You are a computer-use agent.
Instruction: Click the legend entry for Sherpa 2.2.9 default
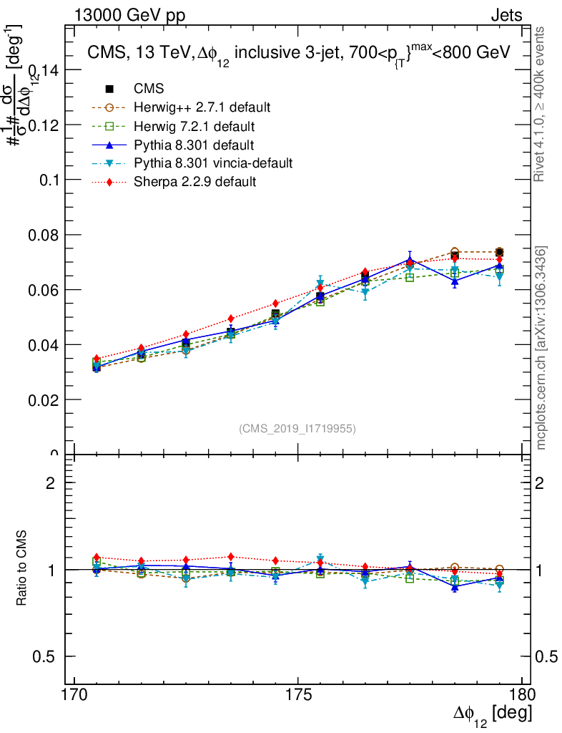point(194,182)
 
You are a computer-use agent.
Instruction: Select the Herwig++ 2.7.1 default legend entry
point(202,107)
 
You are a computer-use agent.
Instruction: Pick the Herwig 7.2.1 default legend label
point(194,127)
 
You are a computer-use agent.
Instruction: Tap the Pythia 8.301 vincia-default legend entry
point(213,163)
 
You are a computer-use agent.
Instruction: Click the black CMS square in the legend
point(110,89)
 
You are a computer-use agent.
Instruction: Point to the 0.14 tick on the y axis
point(42,69)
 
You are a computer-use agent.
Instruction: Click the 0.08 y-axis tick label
point(42,235)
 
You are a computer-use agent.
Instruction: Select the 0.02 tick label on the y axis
point(42,399)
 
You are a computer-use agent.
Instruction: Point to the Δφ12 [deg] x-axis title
point(492,714)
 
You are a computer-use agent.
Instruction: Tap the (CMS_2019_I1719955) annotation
point(297,428)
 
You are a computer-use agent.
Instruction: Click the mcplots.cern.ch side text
point(542,348)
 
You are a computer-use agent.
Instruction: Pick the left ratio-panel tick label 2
point(50,483)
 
